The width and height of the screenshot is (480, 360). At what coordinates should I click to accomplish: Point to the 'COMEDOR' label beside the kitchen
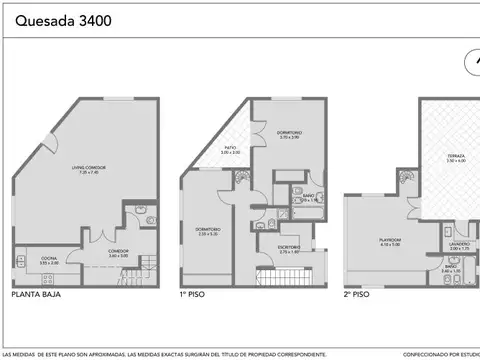point(118,253)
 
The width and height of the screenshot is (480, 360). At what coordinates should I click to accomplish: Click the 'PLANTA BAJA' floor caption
point(31,296)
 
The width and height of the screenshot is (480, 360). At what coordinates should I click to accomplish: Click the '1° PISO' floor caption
point(194,296)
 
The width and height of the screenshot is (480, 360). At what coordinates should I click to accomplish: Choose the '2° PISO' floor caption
point(357,296)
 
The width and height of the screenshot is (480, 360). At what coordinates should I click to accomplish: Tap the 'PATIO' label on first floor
point(229,148)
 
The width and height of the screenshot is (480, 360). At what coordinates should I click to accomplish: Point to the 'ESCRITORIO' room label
point(289,251)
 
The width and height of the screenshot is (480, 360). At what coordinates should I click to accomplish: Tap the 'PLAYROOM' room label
point(388,240)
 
